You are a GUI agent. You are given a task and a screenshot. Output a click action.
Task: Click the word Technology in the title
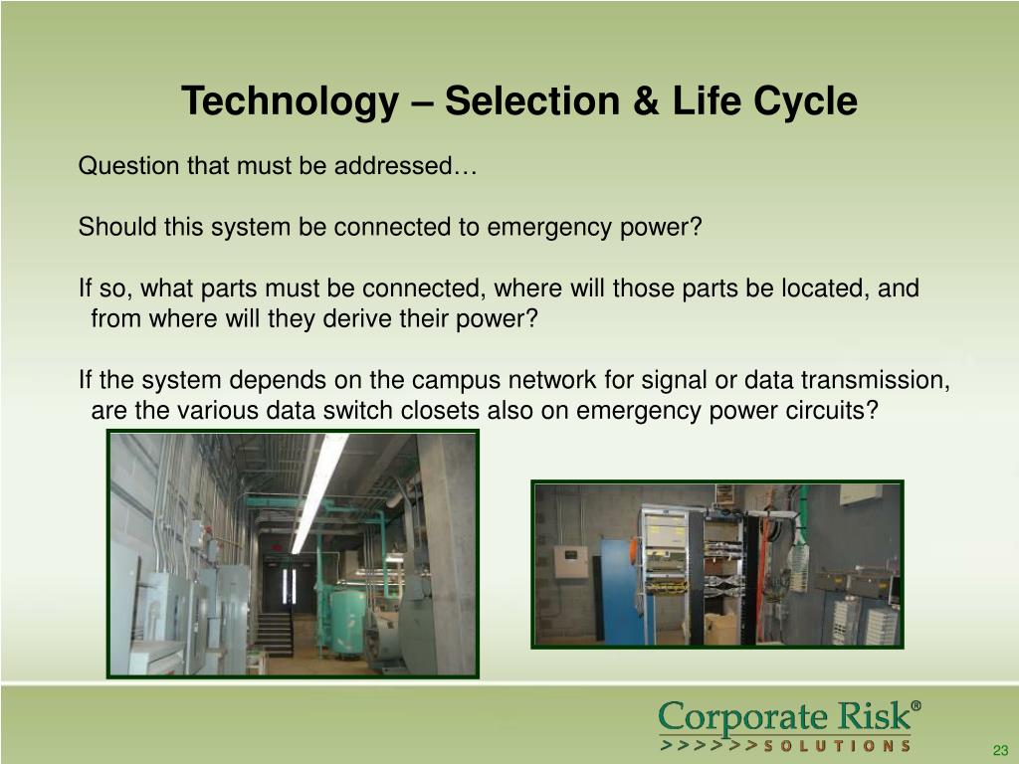pyautogui.click(x=290, y=102)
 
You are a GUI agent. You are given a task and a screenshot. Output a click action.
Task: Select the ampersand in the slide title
pyautogui.click(x=645, y=101)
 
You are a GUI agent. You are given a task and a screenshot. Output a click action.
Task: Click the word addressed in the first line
pyautogui.click(x=393, y=166)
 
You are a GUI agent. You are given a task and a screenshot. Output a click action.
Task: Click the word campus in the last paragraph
pyautogui.click(x=456, y=380)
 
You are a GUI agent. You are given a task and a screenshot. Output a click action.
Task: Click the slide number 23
pyautogui.click(x=1000, y=749)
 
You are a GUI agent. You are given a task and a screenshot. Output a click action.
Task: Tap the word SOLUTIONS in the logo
pyautogui.click(x=837, y=746)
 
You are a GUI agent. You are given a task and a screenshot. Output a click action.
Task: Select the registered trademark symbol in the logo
pyautogui.click(x=916, y=705)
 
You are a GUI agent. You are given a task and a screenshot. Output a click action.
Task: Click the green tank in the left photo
pyautogui.click(x=347, y=621)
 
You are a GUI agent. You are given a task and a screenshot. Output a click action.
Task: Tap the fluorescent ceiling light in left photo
pyautogui.click(x=319, y=492)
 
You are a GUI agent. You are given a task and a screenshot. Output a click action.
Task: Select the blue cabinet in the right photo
pyautogui.click(x=622, y=591)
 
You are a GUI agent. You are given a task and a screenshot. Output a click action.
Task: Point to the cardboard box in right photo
pyautogui.click(x=721, y=629)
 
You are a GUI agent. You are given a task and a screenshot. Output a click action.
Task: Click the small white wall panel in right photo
pyautogui.click(x=570, y=562)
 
